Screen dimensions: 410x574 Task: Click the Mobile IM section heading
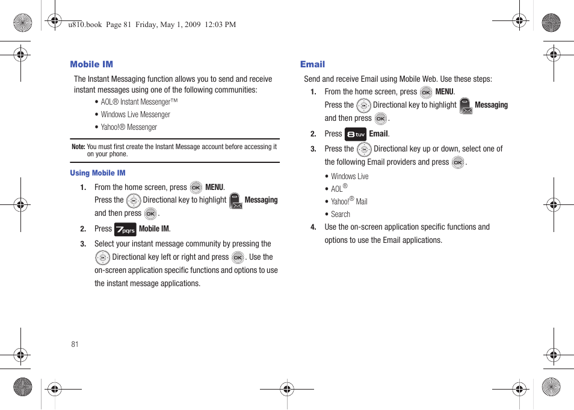pyautogui.click(x=91, y=64)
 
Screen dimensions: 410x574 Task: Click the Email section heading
pyautogui.click(x=312, y=64)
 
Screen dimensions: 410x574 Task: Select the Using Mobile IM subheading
pyautogui.click(x=97, y=173)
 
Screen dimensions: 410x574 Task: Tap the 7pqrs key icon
pyautogui.click(x=125, y=229)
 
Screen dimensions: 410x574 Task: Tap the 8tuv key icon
pyautogui.click(x=356, y=134)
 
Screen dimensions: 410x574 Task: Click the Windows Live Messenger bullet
pyautogui.click(x=135, y=115)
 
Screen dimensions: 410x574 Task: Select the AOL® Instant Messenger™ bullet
pyautogui.click(x=139, y=102)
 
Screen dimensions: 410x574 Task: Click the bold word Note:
pyautogui.click(x=78, y=147)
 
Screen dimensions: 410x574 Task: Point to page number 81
pyautogui.click(x=75, y=344)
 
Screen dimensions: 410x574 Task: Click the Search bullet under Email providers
pyautogui.click(x=341, y=215)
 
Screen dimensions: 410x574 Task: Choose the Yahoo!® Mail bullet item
pyautogui.click(x=349, y=201)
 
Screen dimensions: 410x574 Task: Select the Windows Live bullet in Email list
pyautogui.click(x=350, y=177)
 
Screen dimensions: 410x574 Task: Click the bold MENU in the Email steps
pyautogui.click(x=445, y=92)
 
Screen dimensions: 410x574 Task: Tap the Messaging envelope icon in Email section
pyautogui.click(x=466, y=106)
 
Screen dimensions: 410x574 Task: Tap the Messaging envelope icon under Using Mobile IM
pyautogui.click(x=236, y=201)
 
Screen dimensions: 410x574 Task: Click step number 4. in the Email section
pyautogui.click(x=313, y=227)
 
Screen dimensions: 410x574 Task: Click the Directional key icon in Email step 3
pyautogui.click(x=364, y=149)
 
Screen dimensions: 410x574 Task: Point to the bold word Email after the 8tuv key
pyautogui.click(x=378, y=134)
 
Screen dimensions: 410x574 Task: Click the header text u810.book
pyautogui.click(x=85, y=25)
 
